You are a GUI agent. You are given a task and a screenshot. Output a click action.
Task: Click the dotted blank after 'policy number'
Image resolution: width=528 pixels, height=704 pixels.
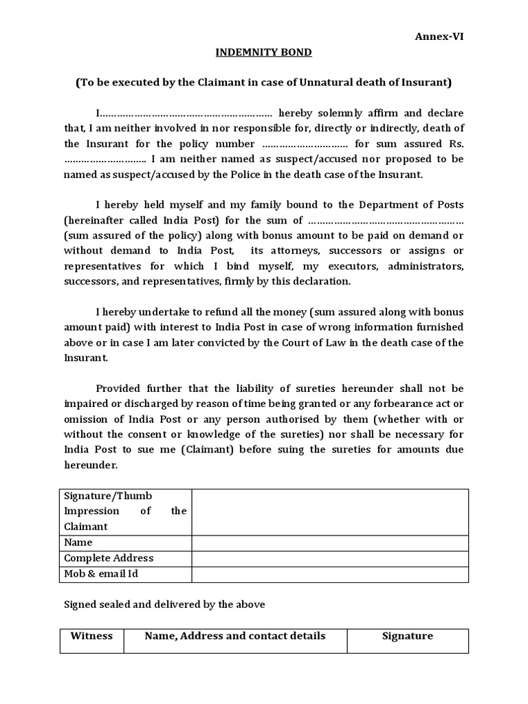[x=305, y=144]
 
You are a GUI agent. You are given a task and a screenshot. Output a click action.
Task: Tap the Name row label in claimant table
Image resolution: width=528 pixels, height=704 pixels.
[x=78, y=542]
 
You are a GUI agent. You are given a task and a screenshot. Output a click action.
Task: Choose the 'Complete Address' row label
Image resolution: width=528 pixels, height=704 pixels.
[x=109, y=558]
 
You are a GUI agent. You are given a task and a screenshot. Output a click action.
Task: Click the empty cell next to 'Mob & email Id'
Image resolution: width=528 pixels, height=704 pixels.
[x=330, y=573]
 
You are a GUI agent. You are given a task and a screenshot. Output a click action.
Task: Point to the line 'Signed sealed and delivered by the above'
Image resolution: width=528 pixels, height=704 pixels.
[x=164, y=604]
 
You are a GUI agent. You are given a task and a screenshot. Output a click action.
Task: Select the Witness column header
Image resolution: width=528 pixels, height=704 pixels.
[x=91, y=636]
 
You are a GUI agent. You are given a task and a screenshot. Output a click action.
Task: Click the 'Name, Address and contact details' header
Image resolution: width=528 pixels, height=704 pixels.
[x=235, y=636]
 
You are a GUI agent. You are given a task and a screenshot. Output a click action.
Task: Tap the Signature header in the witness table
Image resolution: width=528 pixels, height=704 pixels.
[x=408, y=636]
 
